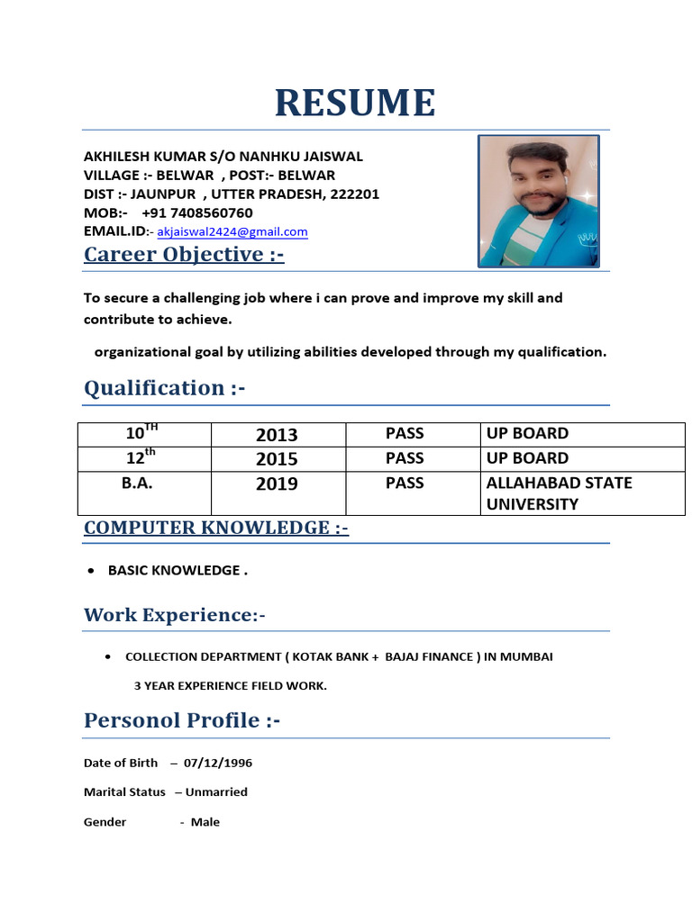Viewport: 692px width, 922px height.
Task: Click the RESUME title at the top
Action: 355,103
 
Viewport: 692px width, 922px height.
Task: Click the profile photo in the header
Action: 539,201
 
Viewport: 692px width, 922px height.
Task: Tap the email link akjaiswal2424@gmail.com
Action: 232,232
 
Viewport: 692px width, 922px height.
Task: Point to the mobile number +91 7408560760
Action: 196,213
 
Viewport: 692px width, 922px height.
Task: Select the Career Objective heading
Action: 184,255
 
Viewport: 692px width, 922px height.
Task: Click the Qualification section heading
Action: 164,388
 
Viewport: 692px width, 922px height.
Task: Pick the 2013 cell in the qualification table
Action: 277,435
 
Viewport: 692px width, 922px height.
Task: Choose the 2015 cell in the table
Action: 277,459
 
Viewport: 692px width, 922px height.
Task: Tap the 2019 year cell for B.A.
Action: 277,484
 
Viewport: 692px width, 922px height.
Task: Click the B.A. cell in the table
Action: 137,483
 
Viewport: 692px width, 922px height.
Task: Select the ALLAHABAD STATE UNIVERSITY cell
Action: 559,493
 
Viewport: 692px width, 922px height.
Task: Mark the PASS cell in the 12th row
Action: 405,458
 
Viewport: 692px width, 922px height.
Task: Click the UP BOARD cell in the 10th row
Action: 527,434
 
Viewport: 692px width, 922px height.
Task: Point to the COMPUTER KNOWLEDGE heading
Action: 216,528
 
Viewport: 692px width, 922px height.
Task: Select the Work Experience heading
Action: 175,615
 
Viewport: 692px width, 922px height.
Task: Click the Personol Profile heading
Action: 182,720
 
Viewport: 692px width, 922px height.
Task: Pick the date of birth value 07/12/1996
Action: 218,764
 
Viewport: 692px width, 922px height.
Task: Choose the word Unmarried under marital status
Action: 216,792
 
